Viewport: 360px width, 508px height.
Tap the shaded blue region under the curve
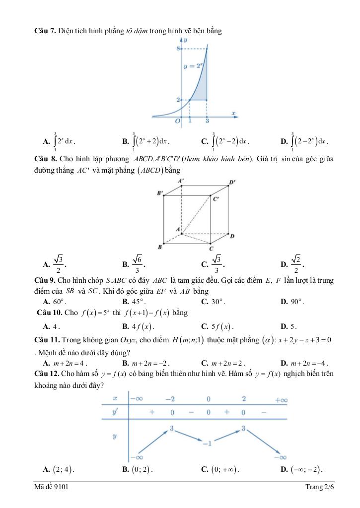(202, 89)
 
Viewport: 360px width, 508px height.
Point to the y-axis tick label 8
(177, 49)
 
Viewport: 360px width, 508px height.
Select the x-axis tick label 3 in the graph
(207, 121)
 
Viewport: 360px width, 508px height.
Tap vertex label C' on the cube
(216, 199)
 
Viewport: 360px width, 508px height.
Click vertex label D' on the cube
(232, 182)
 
